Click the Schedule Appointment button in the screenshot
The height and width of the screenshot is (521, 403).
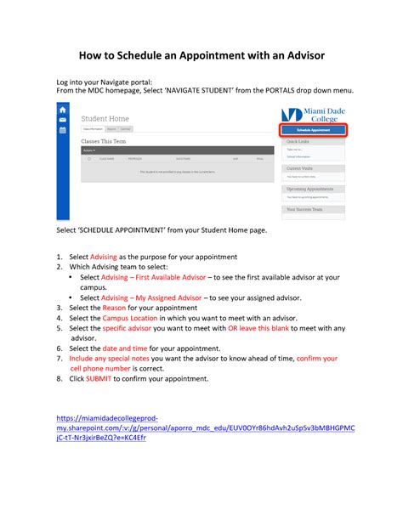[x=313, y=129]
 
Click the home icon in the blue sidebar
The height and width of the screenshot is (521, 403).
[x=62, y=110]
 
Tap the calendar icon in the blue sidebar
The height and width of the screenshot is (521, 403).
[x=62, y=131]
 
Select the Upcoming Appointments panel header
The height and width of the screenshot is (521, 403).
[x=309, y=188]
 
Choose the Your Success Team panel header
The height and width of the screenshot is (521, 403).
[x=305, y=208]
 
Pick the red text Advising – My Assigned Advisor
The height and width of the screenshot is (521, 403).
[x=141, y=297]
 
